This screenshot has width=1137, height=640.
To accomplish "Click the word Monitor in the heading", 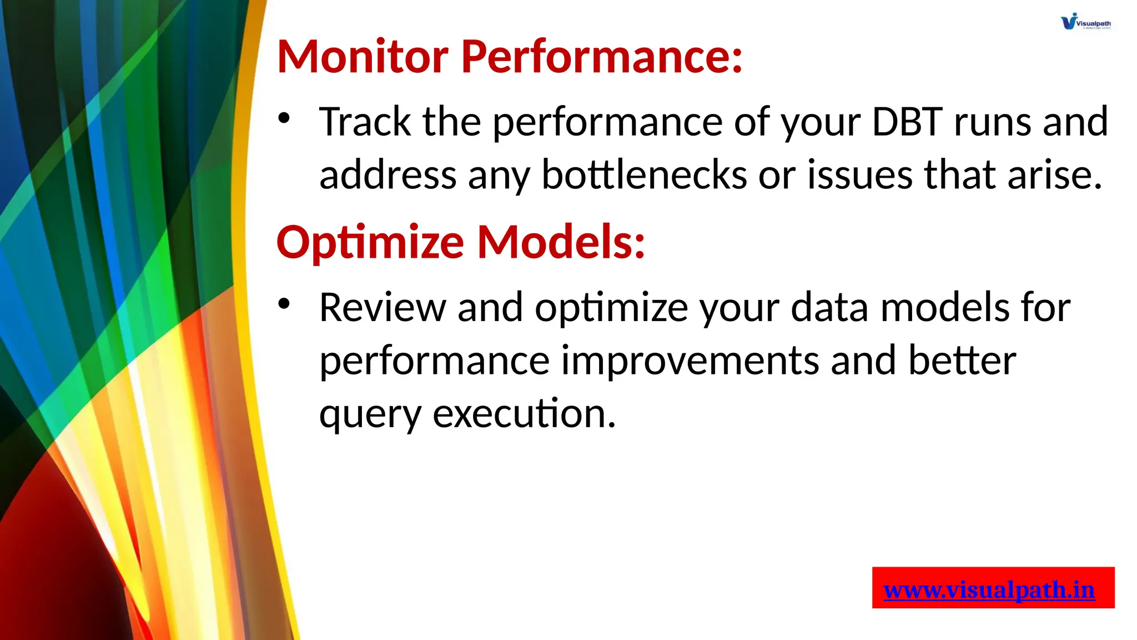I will coord(362,57).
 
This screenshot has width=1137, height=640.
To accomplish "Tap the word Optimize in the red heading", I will coord(370,242).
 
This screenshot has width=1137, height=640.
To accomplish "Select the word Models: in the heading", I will coord(561,242).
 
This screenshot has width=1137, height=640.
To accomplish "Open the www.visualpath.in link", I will coord(989,589).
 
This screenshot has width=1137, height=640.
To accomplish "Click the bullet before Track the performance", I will coord(284,118).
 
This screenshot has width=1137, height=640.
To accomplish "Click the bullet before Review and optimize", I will coord(284,303).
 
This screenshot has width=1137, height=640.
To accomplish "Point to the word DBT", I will coord(907,122).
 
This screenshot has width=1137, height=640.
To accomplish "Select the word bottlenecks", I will coord(644,175).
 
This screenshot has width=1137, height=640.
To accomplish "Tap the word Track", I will coord(365,122).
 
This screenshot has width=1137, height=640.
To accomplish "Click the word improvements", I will coord(690,361).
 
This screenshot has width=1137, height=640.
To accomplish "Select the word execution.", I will coord(524,414).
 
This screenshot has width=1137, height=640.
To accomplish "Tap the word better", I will coord(962,361).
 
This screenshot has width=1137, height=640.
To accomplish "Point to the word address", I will coord(388,175).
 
